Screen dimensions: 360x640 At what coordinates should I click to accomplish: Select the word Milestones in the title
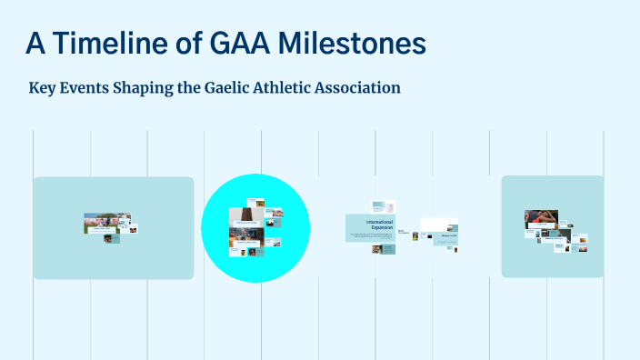(364, 43)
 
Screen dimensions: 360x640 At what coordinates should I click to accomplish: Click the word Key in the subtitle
(42, 89)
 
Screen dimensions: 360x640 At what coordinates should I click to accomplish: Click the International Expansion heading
(381, 225)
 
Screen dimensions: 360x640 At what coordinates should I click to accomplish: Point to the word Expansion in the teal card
(381, 228)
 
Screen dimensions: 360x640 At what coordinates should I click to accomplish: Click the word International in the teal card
(381, 222)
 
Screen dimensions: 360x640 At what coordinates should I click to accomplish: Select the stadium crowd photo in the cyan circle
(245, 236)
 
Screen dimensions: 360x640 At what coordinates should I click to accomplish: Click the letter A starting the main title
(37, 43)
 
